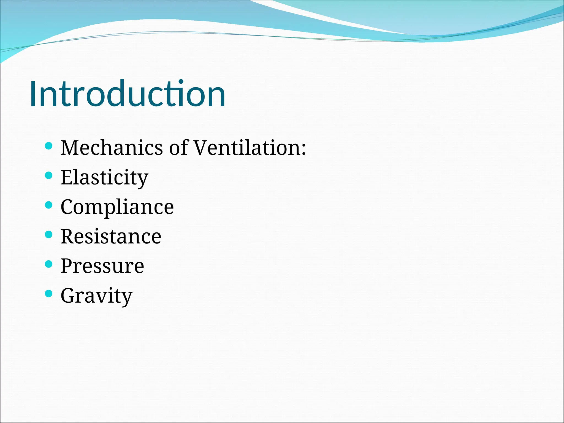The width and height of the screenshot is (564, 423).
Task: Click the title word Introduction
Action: pos(127,94)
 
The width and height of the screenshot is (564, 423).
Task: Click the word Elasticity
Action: pos(104,178)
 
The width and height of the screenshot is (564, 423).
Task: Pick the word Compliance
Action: pos(117,207)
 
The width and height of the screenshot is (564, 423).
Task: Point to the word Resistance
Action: pos(111,237)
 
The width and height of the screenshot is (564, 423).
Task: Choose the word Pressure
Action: pos(102,266)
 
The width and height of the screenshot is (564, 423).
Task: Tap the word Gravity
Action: pos(96,296)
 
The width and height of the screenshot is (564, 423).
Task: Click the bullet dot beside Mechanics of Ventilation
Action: pos(48,146)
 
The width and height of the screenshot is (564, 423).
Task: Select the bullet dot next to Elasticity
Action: pos(48,175)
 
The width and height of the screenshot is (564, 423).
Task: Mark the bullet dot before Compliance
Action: pos(48,205)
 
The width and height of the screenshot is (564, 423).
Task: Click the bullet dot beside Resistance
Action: pos(48,234)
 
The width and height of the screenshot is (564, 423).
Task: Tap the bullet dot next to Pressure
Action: pos(48,264)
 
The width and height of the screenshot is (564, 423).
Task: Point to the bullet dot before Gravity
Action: pos(48,294)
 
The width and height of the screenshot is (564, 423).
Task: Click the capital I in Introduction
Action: pos(33,94)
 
